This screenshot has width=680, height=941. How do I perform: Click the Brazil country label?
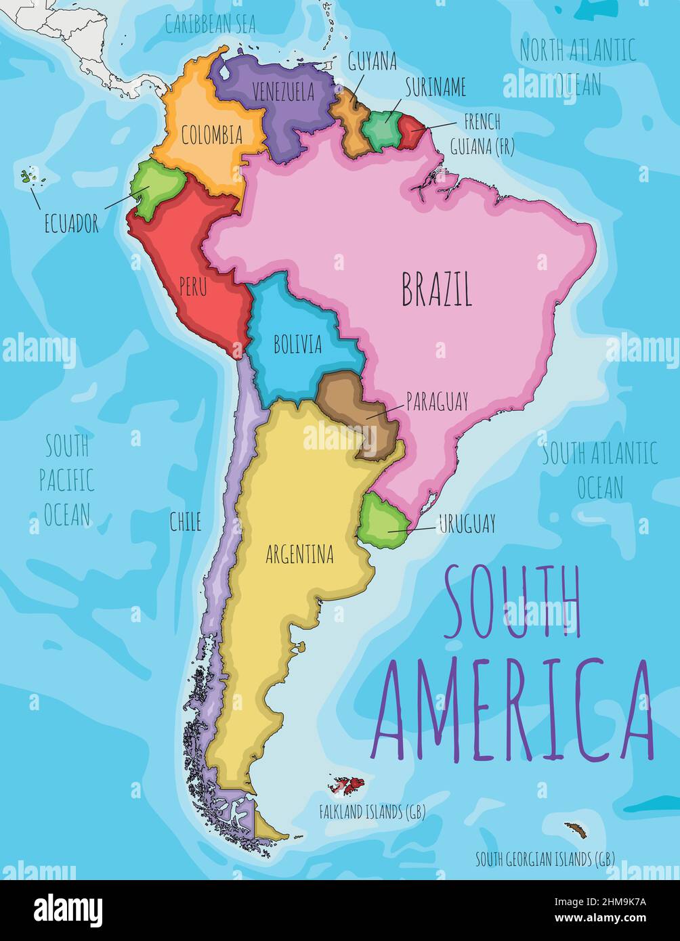coord(436,290)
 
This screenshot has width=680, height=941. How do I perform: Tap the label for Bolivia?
coord(297,345)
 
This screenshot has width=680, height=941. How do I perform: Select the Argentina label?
coord(299,555)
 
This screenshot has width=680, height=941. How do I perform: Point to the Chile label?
coord(185,521)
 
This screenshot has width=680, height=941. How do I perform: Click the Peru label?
coord(193,286)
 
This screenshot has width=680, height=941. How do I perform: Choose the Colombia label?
coord(211,135)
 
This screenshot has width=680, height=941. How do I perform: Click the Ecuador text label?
coord(71,223)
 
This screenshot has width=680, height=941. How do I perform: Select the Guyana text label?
coord(372,62)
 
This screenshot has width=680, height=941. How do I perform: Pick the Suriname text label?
coord(435,87)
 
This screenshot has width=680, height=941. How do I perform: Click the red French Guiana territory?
coord(410,131)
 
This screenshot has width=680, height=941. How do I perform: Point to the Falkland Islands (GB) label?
coord(372,812)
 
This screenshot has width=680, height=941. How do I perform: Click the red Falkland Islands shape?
coord(347,786)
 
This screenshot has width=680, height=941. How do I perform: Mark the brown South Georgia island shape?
coord(576,829)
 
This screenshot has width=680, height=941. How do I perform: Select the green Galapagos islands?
coord(27,177)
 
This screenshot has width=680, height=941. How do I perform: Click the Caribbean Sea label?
coord(211,25)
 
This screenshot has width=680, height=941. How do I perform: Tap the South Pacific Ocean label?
coord(66,481)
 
